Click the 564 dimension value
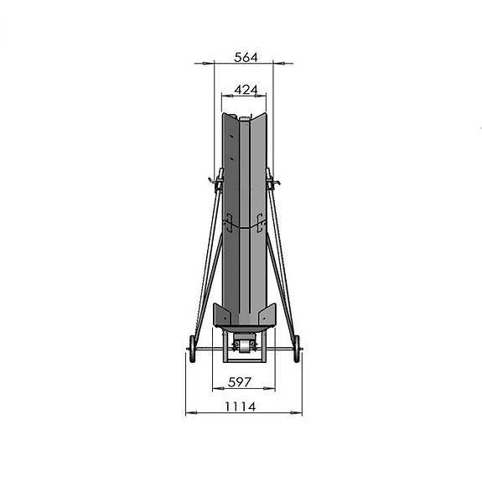coord(246,58)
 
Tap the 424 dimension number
coord(246,90)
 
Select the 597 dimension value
coord(240,382)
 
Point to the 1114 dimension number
coord(241,407)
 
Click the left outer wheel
coord(192,349)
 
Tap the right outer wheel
coord(297,349)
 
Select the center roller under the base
coord(245,346)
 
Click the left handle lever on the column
coord(217,181)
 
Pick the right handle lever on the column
coord(272,181)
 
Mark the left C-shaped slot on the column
coord(229,222)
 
